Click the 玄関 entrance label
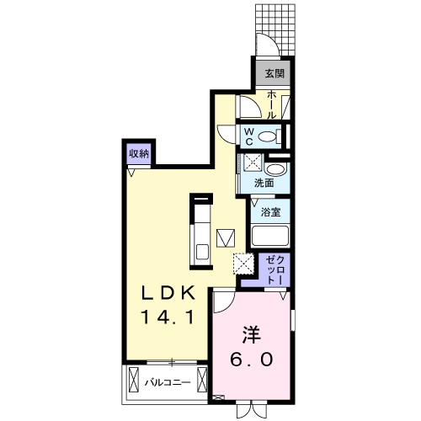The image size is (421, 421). point(274,73)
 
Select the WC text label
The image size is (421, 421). point(250,136)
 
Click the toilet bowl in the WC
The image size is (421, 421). point(268,136)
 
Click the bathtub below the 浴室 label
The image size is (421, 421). point(270,237)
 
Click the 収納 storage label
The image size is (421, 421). point(139,153)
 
